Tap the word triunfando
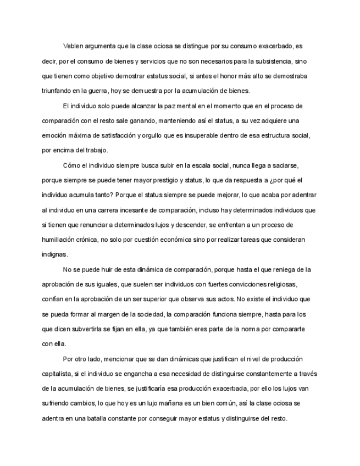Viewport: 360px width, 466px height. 58,90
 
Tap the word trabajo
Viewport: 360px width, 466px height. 95,149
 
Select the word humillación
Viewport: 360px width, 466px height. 60,239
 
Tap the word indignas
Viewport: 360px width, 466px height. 55,254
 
